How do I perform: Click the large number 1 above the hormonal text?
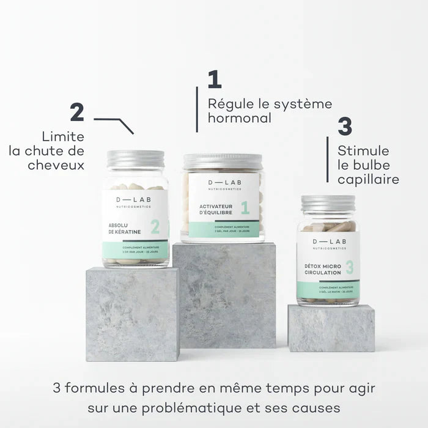click(214, 80)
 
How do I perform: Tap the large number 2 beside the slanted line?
click(76, 113)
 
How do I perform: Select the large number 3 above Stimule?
click(345, 126)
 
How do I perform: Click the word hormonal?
click(240, 119)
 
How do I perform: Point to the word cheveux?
click(56, 165)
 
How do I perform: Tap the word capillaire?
click(368, 180)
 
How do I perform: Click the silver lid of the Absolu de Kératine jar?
click(136, 159)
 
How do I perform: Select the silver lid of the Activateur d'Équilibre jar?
click(223, 161)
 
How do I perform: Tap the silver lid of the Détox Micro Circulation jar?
click(328, 204)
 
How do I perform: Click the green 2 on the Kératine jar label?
click(155, 227)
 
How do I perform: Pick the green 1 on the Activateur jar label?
click(245, 208)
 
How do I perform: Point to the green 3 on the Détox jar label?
click(349, 267)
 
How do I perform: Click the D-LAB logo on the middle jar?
click(223, 184)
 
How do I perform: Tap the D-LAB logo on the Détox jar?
click(328, 244)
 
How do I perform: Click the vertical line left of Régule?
click(197, 109)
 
